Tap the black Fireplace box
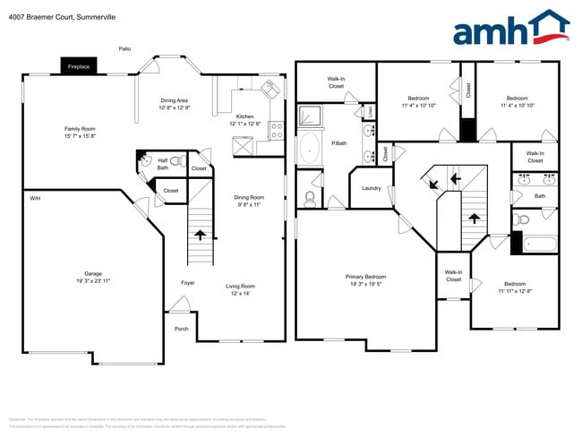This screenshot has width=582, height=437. click(x=79, y=66)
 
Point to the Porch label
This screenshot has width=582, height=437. click(x=182, y=329)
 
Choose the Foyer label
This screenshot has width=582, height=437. click(x=188, y=283)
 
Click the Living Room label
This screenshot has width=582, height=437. click(x=240, y=289)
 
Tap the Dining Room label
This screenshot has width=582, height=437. click(x=249, y=201)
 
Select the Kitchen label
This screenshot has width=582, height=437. click(x=245, y=120)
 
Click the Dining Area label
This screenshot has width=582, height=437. click(x=174, y=104)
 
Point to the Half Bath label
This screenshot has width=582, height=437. click(x=163, y=164)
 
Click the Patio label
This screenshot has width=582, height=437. click(x=125, y=48)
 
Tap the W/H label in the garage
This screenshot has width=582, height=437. click(x=35, y=197)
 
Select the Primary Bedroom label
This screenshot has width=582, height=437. click(x=365, y=280)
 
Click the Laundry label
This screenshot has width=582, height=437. click(x=372, y=188)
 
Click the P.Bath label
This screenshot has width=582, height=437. click(x=339, y=143)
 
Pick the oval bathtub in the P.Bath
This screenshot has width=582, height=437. click(x=310, y=150)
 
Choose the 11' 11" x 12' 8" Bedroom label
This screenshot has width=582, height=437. click(x=514, y=287)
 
